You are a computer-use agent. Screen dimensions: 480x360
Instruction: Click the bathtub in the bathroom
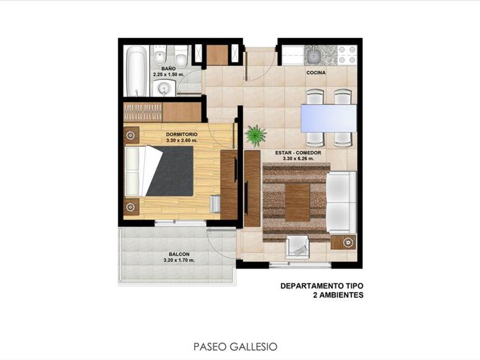(137, 71)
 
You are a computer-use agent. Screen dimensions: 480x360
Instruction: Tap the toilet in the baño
(181, 57)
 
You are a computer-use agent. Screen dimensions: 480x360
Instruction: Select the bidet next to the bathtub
(160, 56)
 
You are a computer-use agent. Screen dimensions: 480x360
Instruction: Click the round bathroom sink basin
(163, 89)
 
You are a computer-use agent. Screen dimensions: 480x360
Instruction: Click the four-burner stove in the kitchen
(347, 55)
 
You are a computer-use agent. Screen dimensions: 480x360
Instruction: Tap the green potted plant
(255, 135)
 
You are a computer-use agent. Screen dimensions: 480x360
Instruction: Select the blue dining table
(329, 118)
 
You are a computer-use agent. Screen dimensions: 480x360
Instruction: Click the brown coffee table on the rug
(297, 202)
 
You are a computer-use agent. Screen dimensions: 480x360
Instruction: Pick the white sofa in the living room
(341, 202)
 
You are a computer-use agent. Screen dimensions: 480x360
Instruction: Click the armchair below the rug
(297, 247)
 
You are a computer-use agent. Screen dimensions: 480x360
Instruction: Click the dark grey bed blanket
(173, 171)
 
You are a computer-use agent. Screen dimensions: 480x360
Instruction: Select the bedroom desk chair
(215, 204)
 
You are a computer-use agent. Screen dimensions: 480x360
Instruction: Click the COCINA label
(316, 73)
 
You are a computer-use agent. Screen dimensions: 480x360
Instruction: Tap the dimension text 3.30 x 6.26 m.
(298, 159)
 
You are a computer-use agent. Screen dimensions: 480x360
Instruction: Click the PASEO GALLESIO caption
(235, 347)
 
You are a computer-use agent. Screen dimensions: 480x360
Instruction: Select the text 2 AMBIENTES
(338, 295)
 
